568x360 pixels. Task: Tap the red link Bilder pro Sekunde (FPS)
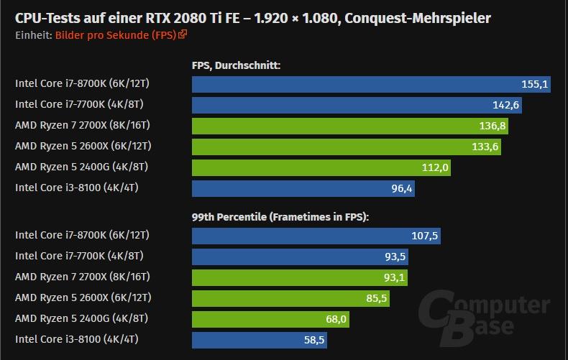[116, 34]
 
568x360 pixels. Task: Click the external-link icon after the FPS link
[183, 34]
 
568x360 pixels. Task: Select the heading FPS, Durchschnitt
[236, 66]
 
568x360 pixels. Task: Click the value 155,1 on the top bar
[535, 84]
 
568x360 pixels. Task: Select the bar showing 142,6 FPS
[357, 105]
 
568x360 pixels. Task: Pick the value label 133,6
[485, 147]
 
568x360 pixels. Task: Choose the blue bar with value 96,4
[303, 188]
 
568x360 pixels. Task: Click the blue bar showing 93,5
[301, 256]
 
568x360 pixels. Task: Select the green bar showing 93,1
[300, 277]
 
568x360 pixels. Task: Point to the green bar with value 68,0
[270, 318]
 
